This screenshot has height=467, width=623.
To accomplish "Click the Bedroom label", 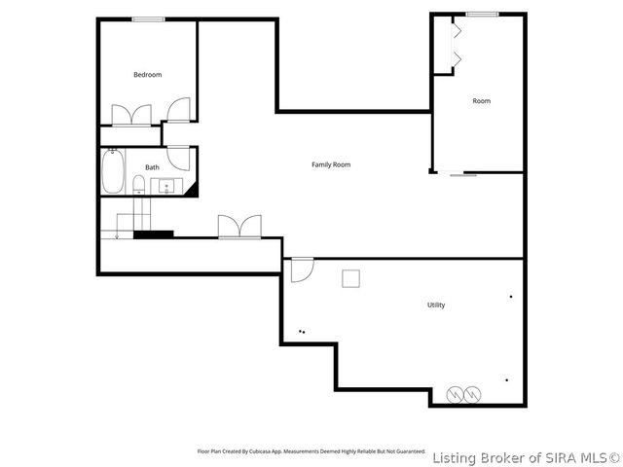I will click(x=147, y=75).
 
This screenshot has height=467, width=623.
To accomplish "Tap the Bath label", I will click(x=152, y=167).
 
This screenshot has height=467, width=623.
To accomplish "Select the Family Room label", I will click(x=330, y=164).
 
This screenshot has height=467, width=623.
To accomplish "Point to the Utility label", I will click(x=436, y=305).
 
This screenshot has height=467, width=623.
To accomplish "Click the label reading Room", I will click(x=481, y=101).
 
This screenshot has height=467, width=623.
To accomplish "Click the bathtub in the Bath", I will click(x=113, y=172).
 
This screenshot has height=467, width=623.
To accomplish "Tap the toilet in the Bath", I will click(x=140, y=185).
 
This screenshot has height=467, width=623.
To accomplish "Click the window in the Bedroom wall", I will click(x=147, y=19).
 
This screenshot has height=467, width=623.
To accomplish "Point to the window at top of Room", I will click(x=481, y=14).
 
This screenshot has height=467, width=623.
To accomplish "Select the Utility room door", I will click(x=302, y=268).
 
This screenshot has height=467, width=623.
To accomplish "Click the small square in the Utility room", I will click(x=349, y=278).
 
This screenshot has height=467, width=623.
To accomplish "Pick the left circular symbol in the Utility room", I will click(x=455, y=394).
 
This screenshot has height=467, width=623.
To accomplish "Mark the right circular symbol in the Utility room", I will click(x=472, y=394).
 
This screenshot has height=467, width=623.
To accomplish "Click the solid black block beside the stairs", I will click(x=153, y=233).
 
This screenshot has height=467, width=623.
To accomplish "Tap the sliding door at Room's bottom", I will click(x=462, y=175).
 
